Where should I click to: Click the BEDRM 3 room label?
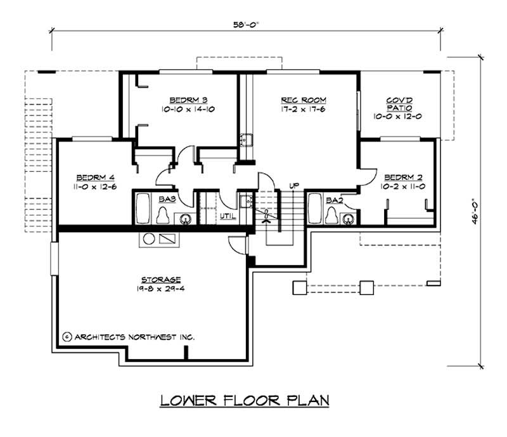click(x=188, y=100)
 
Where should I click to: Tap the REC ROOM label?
click(x=304, y=100)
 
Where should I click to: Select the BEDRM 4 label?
click(x=96, y=178)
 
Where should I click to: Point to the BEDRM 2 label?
click(x=403, y=177)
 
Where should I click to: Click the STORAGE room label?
click(x=161, y=279)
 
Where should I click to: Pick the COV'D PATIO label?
click(x=399, y=104)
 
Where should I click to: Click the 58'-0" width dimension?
click(x=247, y=25)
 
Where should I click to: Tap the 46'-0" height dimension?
click(x=474, y=211)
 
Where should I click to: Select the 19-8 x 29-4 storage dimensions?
click(x=161, y=289)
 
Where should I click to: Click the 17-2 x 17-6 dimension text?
click(x=303, y=109)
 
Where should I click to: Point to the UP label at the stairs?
click(x=294, y=185)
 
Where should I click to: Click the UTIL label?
click(x=228, y=216)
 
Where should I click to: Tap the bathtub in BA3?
click(x=142, y=208)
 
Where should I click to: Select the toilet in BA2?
click(x=331, y=215)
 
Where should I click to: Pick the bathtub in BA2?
click(x=314, y=208)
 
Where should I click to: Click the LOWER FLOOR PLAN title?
click(x=245, y=401)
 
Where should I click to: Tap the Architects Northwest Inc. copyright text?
click(x=129, y=337)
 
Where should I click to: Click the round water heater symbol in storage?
click(x=149, y=239)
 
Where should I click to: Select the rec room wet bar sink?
click(x=245, y=140)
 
